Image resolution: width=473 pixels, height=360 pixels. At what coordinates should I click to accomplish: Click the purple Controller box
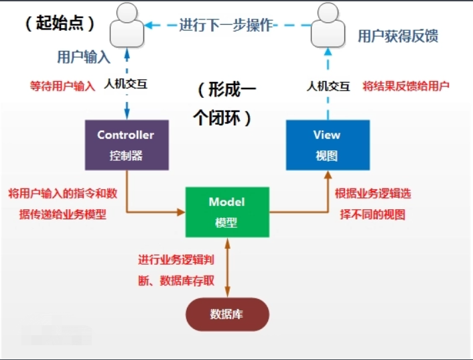tap(126, 144)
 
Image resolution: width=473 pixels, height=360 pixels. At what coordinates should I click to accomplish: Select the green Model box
tap(227, 212)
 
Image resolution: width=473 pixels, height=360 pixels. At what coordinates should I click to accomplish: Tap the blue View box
tap(327, 144)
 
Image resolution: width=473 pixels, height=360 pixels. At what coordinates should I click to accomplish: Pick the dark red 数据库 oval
tap(228, 314)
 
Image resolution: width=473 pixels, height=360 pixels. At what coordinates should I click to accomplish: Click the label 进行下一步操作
tap(226, 25)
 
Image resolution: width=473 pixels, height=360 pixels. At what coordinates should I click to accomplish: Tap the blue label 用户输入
tap(83, 56)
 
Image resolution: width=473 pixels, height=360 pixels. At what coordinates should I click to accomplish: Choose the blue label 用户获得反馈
tap(398, 36)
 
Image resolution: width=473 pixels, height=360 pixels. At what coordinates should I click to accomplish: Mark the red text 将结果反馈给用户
tap(405, 86)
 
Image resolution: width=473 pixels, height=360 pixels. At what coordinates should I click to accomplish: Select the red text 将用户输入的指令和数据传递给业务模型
tap(62, 204)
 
